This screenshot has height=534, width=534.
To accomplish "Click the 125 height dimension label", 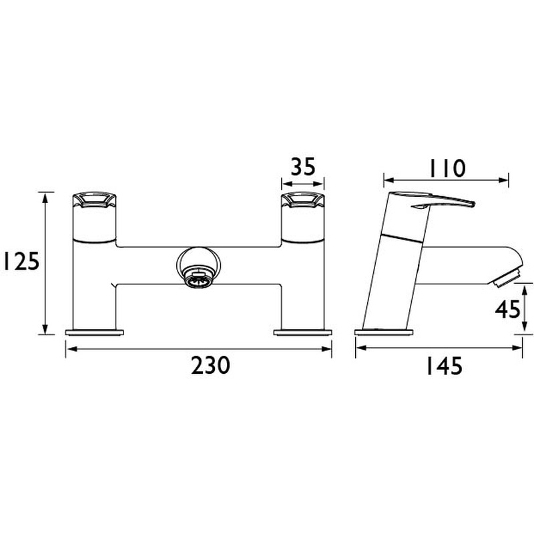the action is point(21,262).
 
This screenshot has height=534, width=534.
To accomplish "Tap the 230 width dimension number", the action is point(210,365).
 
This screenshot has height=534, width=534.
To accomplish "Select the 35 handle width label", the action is point(303,166).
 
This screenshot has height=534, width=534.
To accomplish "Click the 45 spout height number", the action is point(508,310).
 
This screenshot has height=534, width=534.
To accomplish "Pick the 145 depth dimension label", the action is point(444,366).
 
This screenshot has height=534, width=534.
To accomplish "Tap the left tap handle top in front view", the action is point(95,200).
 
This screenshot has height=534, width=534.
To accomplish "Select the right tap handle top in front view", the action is point(302,200).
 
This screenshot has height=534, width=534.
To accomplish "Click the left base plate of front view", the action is point(94,332).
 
